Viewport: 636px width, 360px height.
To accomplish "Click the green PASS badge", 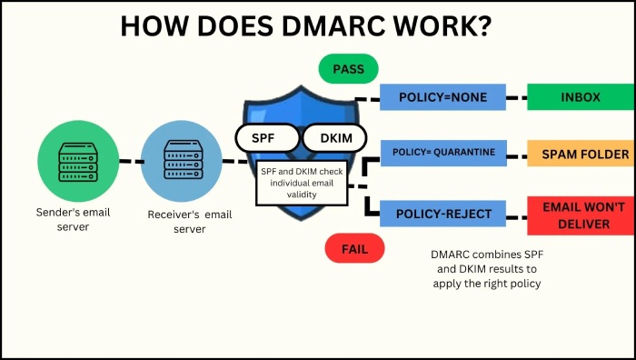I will tap(348, 68).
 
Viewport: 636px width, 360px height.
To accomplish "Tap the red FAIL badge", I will tap(354, 248).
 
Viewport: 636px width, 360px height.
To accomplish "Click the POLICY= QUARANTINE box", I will tap(443, 153).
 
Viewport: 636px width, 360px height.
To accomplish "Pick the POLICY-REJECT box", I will tap(442, 215).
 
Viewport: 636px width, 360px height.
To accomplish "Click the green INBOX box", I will tap(580, 97).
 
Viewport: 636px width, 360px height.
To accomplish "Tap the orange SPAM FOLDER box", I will tap(580, 155).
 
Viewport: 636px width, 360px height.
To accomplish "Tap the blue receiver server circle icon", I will tap(178, 163).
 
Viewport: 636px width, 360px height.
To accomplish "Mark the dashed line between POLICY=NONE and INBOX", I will tap(516, 97).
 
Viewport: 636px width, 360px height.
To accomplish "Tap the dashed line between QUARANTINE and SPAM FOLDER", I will tap(516, 154).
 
